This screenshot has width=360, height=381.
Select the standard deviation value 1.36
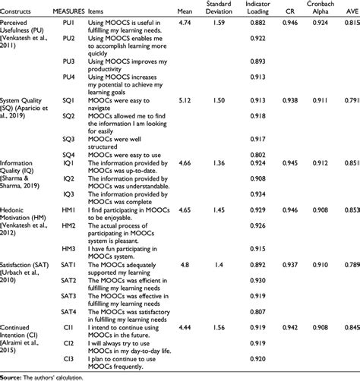pos(219,162)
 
